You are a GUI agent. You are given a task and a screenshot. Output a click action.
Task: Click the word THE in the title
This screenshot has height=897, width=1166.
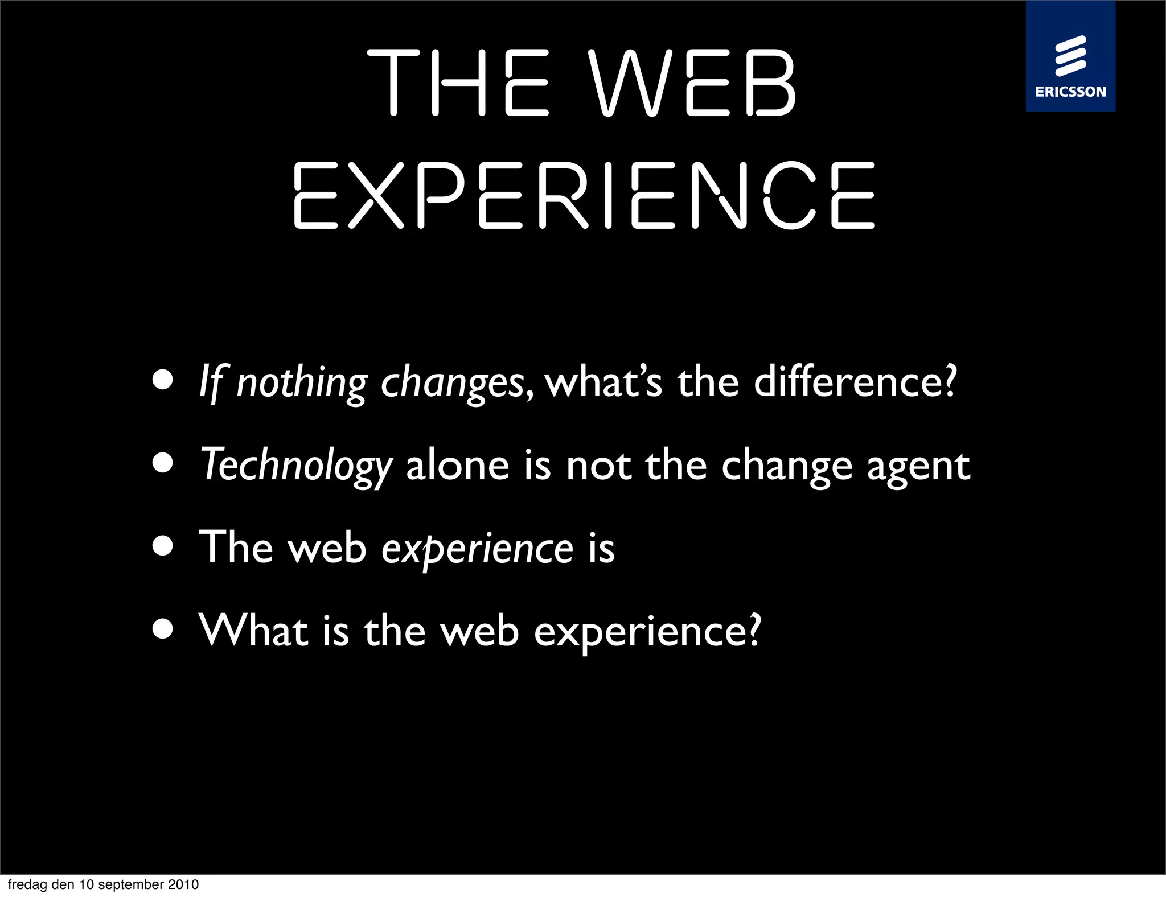(459, 83)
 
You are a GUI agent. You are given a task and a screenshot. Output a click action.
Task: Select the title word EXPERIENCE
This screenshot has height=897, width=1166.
(584, 195)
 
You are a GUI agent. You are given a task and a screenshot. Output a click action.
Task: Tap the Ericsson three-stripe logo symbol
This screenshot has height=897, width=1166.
(1070, 56)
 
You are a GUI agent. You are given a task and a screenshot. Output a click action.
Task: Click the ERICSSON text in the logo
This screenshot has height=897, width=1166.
(1070, 92)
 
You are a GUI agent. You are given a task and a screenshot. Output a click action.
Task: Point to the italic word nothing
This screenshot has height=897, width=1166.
(302, 383)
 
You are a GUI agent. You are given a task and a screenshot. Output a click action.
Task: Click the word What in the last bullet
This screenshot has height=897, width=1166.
(254, 631)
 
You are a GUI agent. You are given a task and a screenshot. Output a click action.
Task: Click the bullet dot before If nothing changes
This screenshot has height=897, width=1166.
(163, 380)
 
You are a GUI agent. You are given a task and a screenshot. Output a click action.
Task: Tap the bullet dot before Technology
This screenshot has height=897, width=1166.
(163, 463)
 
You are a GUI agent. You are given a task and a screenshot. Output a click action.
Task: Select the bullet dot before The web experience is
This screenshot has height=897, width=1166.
(163, 546)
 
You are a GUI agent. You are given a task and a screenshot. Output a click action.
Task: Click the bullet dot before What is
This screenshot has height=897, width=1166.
(163, 629)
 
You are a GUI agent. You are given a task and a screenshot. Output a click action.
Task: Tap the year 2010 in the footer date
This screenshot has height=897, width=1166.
(183, 884)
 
